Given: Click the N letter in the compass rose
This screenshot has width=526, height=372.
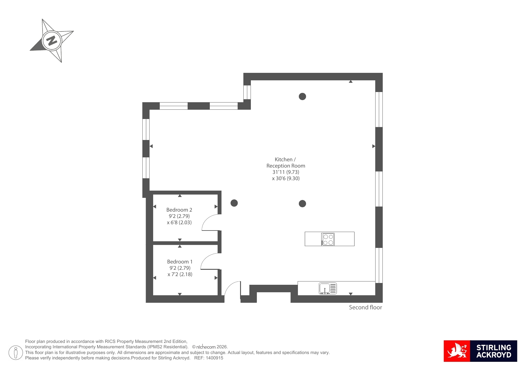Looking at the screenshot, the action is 52,40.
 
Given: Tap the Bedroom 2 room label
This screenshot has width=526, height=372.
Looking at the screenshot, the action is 179,210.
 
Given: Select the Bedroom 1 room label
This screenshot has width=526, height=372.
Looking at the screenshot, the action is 180,262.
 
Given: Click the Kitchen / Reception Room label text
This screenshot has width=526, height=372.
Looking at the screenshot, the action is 286,162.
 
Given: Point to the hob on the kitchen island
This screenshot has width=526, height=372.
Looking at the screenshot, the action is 328,239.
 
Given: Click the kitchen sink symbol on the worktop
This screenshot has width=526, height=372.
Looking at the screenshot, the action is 328,288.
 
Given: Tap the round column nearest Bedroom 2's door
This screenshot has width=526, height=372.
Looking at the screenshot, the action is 234,203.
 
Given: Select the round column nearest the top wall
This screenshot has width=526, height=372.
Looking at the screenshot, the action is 302,97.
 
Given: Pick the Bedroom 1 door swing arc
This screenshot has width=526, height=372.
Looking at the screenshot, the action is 206,257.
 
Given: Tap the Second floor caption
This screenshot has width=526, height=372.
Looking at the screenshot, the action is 365,307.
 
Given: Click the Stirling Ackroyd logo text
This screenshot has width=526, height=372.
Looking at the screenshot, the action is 494,351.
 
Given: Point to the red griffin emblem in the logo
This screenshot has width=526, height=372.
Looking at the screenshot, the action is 457,351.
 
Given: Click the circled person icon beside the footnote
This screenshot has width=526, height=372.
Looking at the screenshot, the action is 16,353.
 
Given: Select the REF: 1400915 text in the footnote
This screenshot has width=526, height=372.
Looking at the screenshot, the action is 209,358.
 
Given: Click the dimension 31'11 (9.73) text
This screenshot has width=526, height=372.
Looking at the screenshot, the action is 286,172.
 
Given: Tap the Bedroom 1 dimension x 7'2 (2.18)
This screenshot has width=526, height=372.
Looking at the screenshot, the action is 180,274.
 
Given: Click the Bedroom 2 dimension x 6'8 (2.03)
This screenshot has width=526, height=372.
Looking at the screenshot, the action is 179,222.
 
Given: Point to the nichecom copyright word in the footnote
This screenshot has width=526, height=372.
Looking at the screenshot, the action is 206,347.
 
